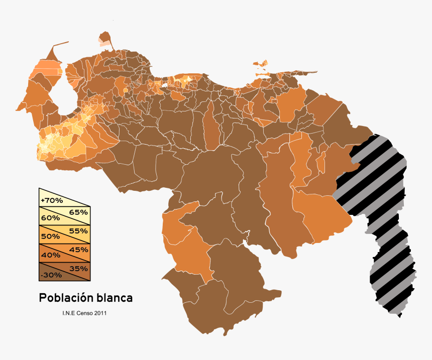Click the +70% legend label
click(x=52, y=200)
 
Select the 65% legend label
click(x=79, y=212)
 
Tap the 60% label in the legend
click(x=51, y=218)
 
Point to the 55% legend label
click(x=79, y=231)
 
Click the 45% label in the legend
click(x=79, y=250)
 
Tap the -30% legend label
click(x=52, y=275)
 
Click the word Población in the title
click(x=66, y=298)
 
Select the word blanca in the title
click(x=114, y=298)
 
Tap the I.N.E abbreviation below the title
click(x=68, y=313)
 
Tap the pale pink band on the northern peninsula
click(x=104, y=44)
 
